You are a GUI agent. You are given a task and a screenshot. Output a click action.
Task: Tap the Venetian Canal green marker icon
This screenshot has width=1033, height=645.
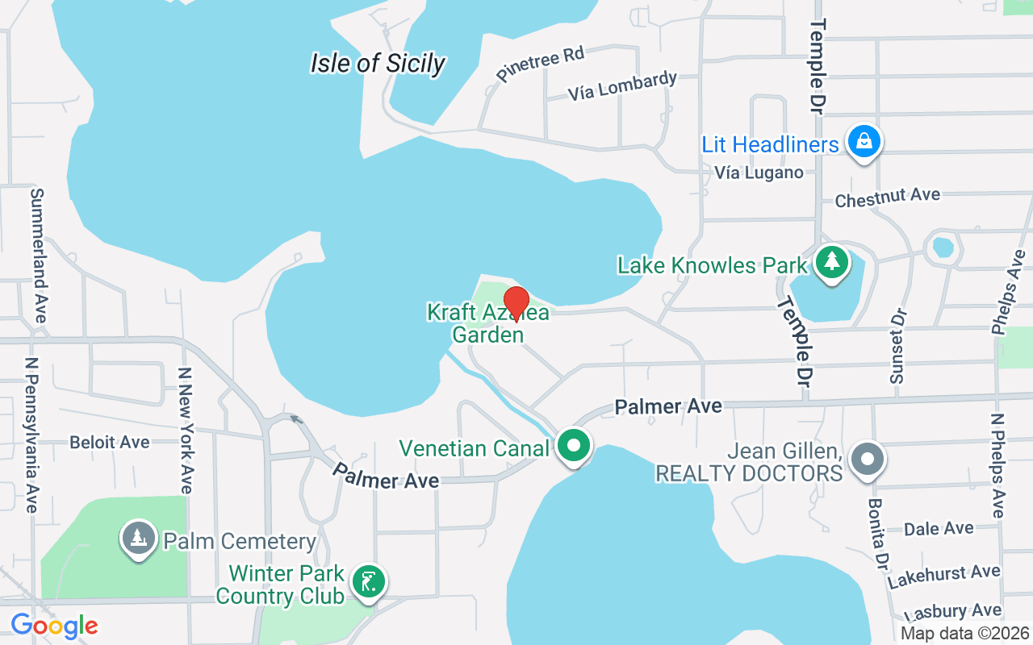[575, 445]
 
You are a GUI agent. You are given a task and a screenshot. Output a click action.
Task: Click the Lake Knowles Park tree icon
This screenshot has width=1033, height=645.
[831, 261]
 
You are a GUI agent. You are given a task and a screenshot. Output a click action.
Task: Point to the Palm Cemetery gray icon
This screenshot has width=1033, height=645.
[139, 538]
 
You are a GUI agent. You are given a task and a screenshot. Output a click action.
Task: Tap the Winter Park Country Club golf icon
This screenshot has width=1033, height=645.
[369, 580]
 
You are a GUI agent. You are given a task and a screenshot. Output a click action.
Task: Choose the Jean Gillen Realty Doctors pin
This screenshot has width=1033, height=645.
[868, 460]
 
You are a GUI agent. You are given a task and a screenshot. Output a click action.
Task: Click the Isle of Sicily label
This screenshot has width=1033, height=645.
[378, 63]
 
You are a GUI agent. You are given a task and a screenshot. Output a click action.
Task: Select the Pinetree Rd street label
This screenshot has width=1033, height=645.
[540, 64]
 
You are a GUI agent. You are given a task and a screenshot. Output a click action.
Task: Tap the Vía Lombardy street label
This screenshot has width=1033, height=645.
[622, 85]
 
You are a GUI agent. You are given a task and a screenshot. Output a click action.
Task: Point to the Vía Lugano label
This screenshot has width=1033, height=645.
[759, 173]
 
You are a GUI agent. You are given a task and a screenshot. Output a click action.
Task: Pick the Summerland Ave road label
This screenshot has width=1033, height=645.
[37, 255]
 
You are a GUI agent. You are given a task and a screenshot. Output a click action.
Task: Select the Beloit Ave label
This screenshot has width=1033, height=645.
[110, 442]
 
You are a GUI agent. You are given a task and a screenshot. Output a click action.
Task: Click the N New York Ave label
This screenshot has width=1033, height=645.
[186, 431]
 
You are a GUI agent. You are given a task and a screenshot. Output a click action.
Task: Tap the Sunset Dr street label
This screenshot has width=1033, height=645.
[898, 346]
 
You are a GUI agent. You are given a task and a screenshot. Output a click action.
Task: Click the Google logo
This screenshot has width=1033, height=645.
[54, 626]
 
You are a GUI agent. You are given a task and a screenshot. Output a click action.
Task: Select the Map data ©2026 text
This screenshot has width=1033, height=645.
[965, 634]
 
